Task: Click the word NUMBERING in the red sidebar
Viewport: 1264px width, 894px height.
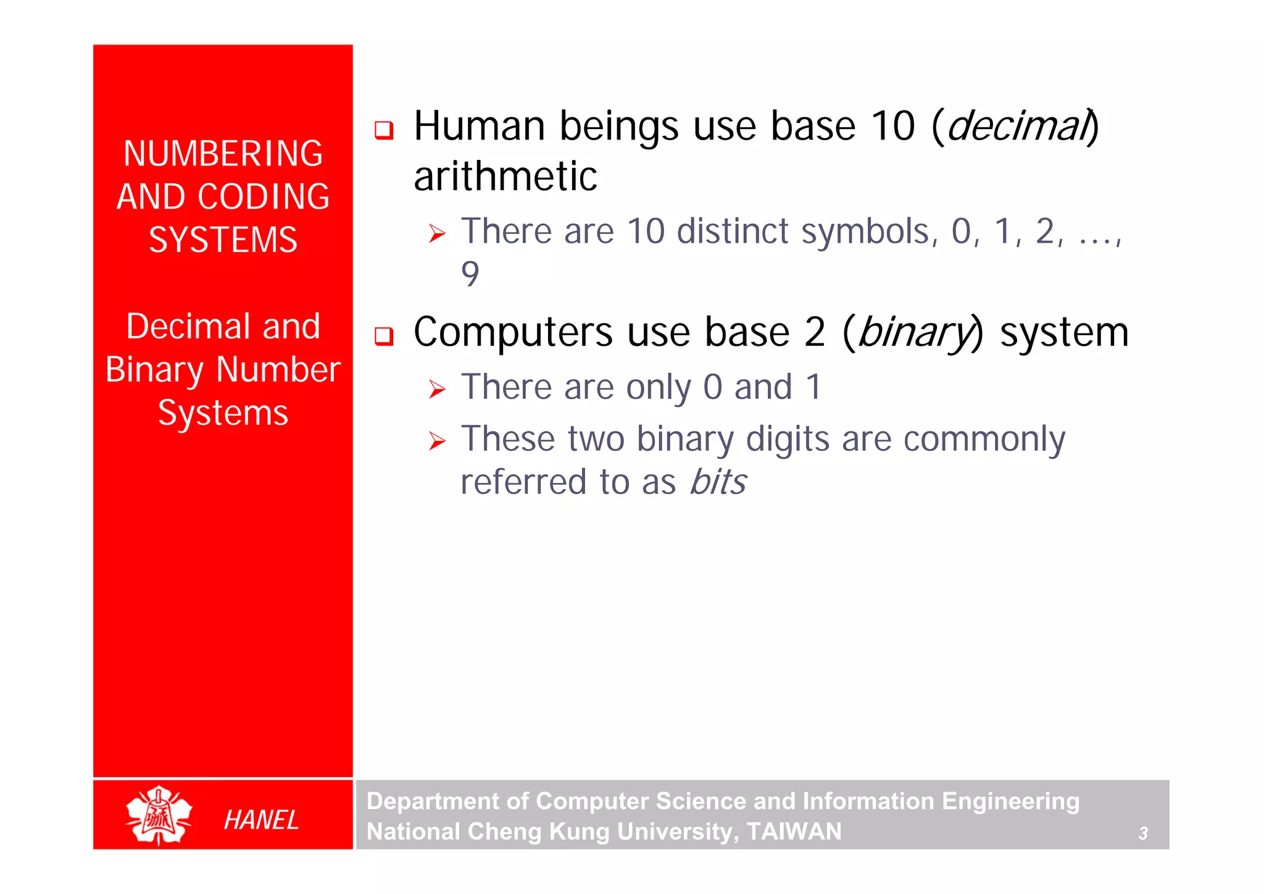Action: tap(223, 154)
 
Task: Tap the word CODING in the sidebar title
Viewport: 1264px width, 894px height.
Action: tap(264, 197)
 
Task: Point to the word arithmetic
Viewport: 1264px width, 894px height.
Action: tap(505, 177)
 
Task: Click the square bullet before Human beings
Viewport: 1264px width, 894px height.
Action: tap(384, 130)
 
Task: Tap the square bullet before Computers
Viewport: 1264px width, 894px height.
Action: tap(384, 336)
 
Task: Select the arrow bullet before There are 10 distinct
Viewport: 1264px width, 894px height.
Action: tap(437, 234)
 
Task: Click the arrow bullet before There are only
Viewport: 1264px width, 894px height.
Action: tap(437, 390)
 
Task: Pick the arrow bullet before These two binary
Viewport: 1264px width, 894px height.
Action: tap(437, 441)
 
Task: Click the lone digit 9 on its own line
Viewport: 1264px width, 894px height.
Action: tap(470, 274)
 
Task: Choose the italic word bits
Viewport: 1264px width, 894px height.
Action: tap(718, 482)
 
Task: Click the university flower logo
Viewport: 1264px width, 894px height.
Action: tap(159, 815)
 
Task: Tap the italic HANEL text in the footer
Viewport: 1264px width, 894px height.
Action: tap(261, 820)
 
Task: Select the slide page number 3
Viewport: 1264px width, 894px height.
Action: tap(1143, 833)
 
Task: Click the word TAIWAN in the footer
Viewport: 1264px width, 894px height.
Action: tap(794, 832)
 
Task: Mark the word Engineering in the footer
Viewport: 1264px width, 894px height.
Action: tap(1010, 801)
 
